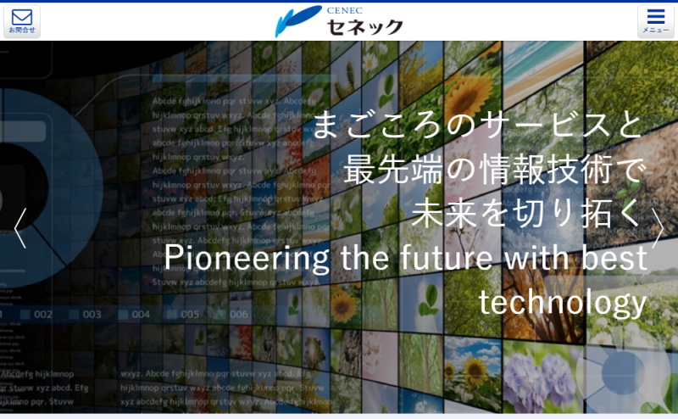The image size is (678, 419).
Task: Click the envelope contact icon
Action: pyautogui.click(x=21, y=16)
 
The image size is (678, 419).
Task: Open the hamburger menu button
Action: pyautogui.click(x=656, y=16)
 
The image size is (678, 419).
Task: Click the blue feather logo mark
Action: pyautogui.click(x=297, y=21)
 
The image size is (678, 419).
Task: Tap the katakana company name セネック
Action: pyautogui.click(x=364, y=26)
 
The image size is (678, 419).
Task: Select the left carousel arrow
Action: pyautogui.click(x=20, y=227)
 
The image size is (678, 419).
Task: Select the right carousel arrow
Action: pyautogui.click(x=658, y=227)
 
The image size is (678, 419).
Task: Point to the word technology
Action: pyautogui.click(x=562, y=302)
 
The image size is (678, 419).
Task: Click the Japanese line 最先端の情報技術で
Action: pyautogui.click(x=495, y=170)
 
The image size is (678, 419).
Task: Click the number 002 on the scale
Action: pyautogui.click(x=43, y=315)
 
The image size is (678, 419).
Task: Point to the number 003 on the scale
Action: pyautogui.click(x=92, y=315)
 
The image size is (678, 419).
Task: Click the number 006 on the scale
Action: pyautogui.click(x=239, y=315)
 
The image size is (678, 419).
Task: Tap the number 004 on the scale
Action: pyautogui.click(x=141, y=315)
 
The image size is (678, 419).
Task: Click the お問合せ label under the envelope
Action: pyautogui.click(x=21, y=31)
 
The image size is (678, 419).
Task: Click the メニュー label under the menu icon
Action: pyautogui.click(x=656, y=31)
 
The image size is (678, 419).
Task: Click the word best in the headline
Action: pyautogui.click(x=615, y=258)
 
